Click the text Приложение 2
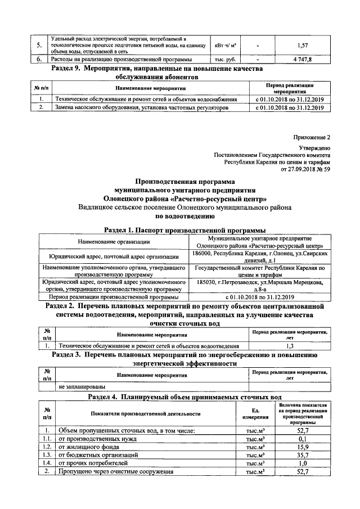click(x=313, y=138)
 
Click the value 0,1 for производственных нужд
click(x=302, y=439)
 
